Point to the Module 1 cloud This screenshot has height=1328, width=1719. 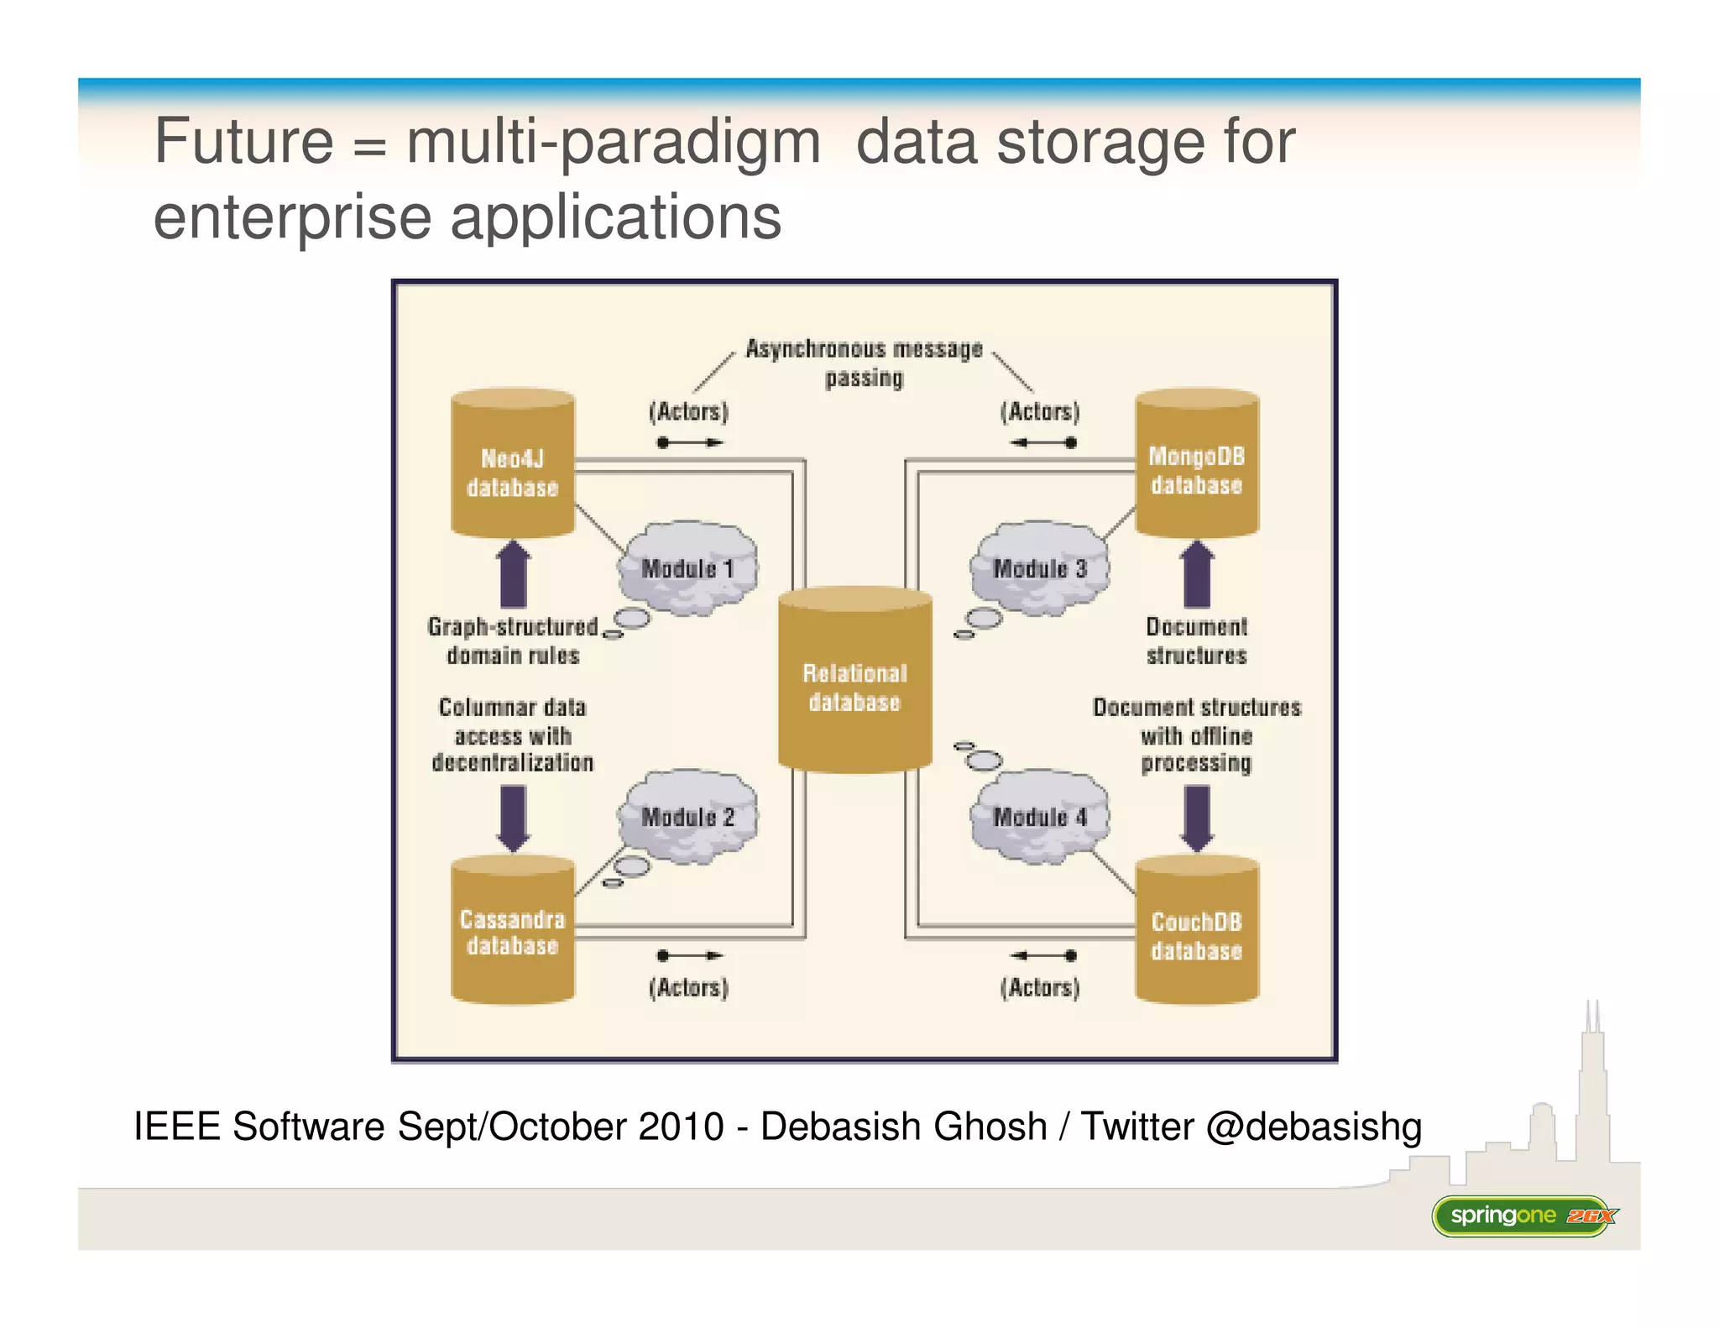pos(687,567)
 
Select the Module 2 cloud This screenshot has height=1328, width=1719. pos(687,816)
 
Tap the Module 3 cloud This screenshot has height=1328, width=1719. pos(1039,567)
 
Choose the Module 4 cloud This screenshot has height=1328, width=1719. pos(1039,816)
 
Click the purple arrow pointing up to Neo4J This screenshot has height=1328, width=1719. pos(514,575)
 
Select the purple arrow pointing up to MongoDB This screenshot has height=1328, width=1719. pos(1197,575)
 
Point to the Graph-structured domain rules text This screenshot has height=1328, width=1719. pos(513,640)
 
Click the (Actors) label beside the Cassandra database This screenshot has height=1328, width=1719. pos(688,987)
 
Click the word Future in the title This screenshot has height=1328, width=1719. pos(244,141)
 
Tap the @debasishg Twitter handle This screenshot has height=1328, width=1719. pos(1314,1127)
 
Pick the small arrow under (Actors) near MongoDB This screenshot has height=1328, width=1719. pos(1042,442)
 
